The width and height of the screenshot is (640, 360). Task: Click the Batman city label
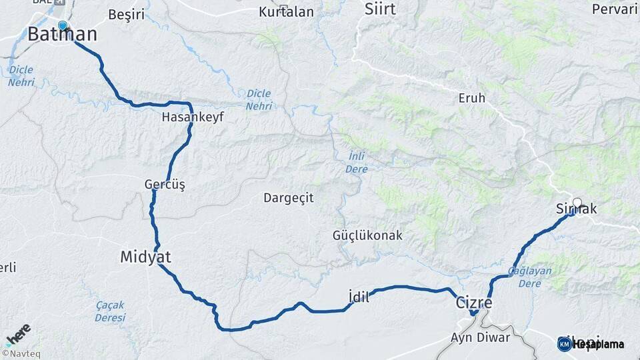62,35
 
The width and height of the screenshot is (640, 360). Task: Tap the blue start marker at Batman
63,25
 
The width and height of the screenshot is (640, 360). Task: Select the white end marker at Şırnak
577,202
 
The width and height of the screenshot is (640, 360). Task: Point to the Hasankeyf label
193,117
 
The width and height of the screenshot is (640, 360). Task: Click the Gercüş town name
165,183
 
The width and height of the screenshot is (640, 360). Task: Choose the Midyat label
145,257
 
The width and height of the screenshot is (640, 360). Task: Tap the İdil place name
359,297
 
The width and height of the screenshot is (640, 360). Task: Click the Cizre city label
473,302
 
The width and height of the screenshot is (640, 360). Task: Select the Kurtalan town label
286,11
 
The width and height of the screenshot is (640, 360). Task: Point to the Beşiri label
126,14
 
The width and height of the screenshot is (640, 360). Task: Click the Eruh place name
472,98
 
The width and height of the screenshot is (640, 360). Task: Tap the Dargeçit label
288,197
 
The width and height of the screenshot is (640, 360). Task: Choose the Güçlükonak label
367,235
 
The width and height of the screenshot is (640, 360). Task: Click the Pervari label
615,9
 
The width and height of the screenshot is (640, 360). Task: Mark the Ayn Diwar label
480,337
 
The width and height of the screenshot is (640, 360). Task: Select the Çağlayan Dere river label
530,277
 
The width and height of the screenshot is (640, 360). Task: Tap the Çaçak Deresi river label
110,311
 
